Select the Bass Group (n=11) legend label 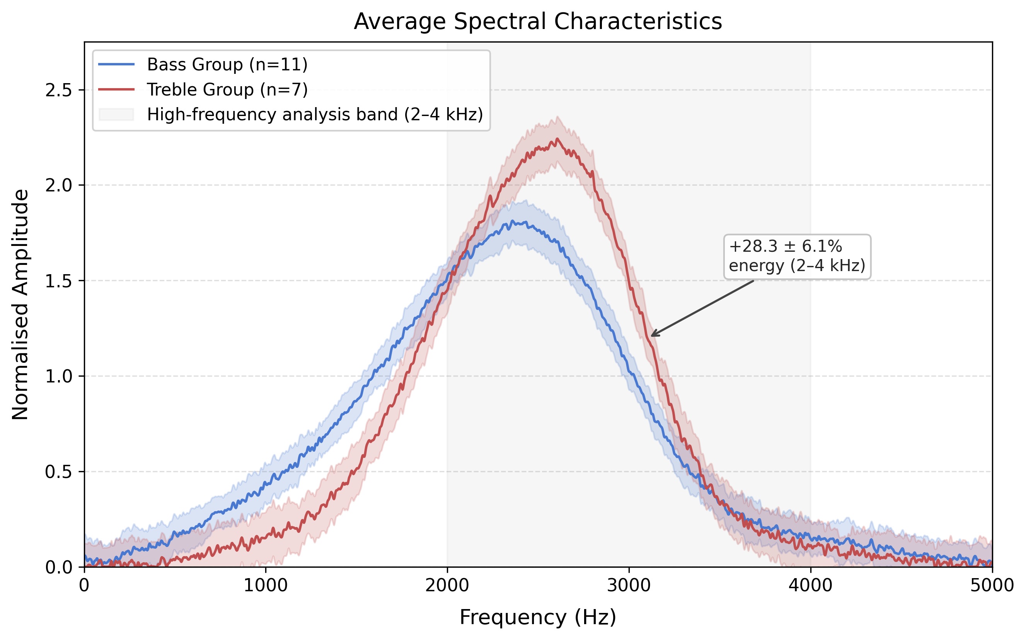(227, 64)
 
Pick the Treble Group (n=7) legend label (227, 90)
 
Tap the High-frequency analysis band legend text (315, 115)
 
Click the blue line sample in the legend (116, 64)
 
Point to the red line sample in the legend (116, 90)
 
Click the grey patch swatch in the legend (116, 115)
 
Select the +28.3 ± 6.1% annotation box (797, 256)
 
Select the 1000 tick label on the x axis (266, 586)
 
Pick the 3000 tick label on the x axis (629, 586)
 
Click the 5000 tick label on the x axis (992, 586)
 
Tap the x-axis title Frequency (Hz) (538, 617)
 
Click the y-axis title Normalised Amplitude (20, 304)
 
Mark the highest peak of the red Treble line (557, 138)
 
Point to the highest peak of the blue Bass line (512, 220)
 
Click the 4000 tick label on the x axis (811, 586)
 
